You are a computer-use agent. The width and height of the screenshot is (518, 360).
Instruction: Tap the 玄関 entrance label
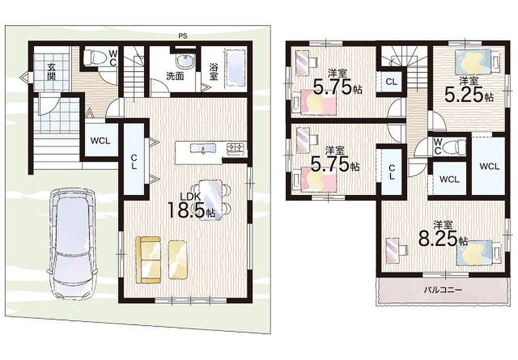coord(51,72)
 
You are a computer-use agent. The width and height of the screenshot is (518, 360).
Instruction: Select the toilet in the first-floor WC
coord(94,57)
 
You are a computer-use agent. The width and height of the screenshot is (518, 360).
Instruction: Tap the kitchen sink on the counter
coord(203,149)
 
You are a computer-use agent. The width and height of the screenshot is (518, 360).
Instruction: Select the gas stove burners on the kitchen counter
coord(236,148)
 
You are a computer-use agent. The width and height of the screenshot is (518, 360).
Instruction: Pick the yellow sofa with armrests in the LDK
coord(149,260)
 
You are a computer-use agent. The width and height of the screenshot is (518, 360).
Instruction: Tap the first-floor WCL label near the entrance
coord(100,141)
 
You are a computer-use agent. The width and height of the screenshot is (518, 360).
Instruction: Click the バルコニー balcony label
coord(443,290)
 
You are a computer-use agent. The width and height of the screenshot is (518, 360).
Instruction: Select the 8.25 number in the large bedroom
coord(438,238)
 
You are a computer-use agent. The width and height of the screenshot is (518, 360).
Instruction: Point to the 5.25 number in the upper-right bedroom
coord(464,94)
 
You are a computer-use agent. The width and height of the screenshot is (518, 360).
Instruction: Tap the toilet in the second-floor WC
coord(455,146)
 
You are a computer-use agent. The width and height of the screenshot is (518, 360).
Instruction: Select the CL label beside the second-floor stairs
coord(391,81)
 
